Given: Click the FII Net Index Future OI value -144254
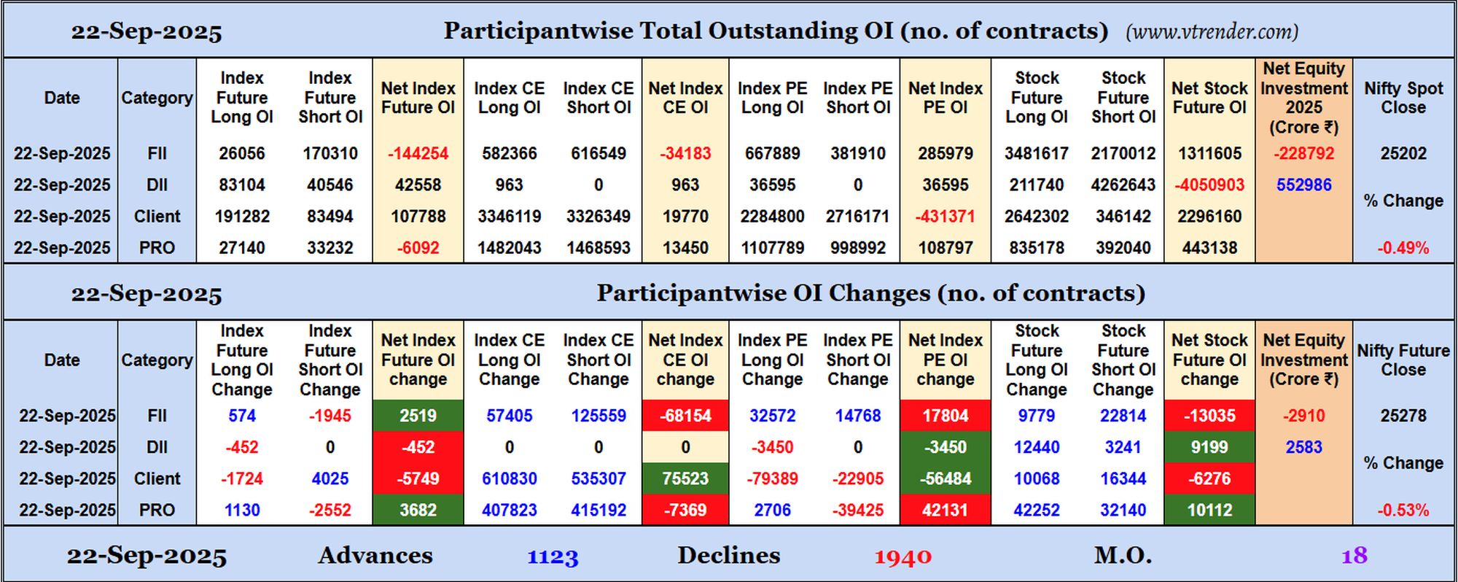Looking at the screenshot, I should tap(418, 154).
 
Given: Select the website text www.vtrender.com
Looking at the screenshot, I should tap(1212, 31).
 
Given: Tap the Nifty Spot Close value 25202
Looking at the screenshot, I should tap(1403, 154).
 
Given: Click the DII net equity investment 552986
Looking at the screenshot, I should tap(1303, 185).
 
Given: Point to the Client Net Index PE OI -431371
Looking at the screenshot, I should tap(945, 217).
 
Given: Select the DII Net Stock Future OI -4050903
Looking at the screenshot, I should tap(1209, 185).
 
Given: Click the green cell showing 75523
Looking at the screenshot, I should tap(685, 478).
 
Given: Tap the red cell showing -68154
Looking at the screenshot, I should tap(685, 416).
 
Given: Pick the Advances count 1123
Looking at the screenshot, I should tap(553, 557).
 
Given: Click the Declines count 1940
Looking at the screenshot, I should tap(903, 557).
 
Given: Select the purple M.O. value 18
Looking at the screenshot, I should tap(1354, 556).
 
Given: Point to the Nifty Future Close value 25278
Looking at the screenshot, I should tap(1403, 416).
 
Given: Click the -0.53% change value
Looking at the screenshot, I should tap(1403, 511).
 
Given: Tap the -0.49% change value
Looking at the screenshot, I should tap(1403, 248).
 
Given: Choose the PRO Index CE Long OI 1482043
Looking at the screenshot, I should tap(509, 248).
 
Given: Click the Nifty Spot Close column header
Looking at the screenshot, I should tap(1403, 98).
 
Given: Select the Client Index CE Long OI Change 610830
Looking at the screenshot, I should tap(509, 478).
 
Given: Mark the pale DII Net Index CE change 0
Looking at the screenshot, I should tap(685, 447).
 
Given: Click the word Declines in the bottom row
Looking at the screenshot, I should tap(728, 556).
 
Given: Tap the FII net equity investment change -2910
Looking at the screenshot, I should tap(1303, 416).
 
